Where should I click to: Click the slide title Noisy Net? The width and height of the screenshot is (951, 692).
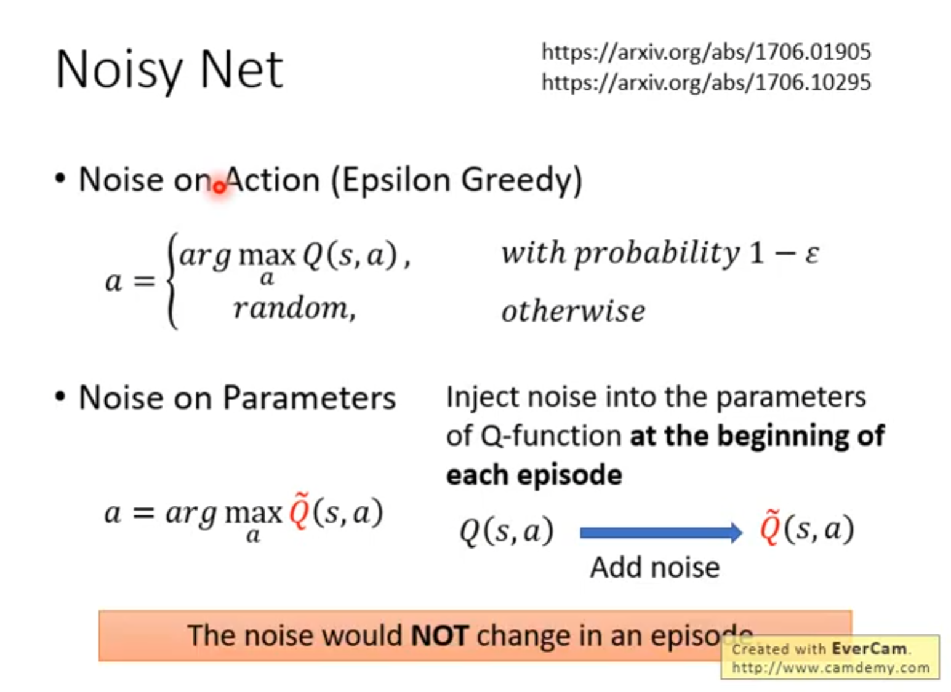click(169, 70)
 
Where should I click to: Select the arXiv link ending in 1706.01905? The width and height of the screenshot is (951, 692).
click(706, 52)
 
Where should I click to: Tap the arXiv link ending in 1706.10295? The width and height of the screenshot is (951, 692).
click(706, 82)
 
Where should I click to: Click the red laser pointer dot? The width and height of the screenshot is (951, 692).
click(219, 187)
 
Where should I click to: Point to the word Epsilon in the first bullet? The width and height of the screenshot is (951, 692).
click(396, 180)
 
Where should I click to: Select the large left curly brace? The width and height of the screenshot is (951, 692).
click(172, 281)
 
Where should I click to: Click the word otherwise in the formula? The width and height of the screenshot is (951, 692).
click(573, 311)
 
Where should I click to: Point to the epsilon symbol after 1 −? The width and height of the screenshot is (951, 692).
click(811, 255)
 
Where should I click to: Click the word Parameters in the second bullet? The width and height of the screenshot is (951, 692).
click(309, 399)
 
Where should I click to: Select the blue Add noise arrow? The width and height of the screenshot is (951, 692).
click(661, 533)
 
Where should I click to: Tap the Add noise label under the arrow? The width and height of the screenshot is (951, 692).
click(655, 568)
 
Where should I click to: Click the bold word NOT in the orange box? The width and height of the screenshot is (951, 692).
click(440, 635)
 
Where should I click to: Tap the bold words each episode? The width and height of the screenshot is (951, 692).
click(534, 475)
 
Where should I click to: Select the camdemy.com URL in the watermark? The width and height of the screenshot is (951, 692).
click(831, 668)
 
